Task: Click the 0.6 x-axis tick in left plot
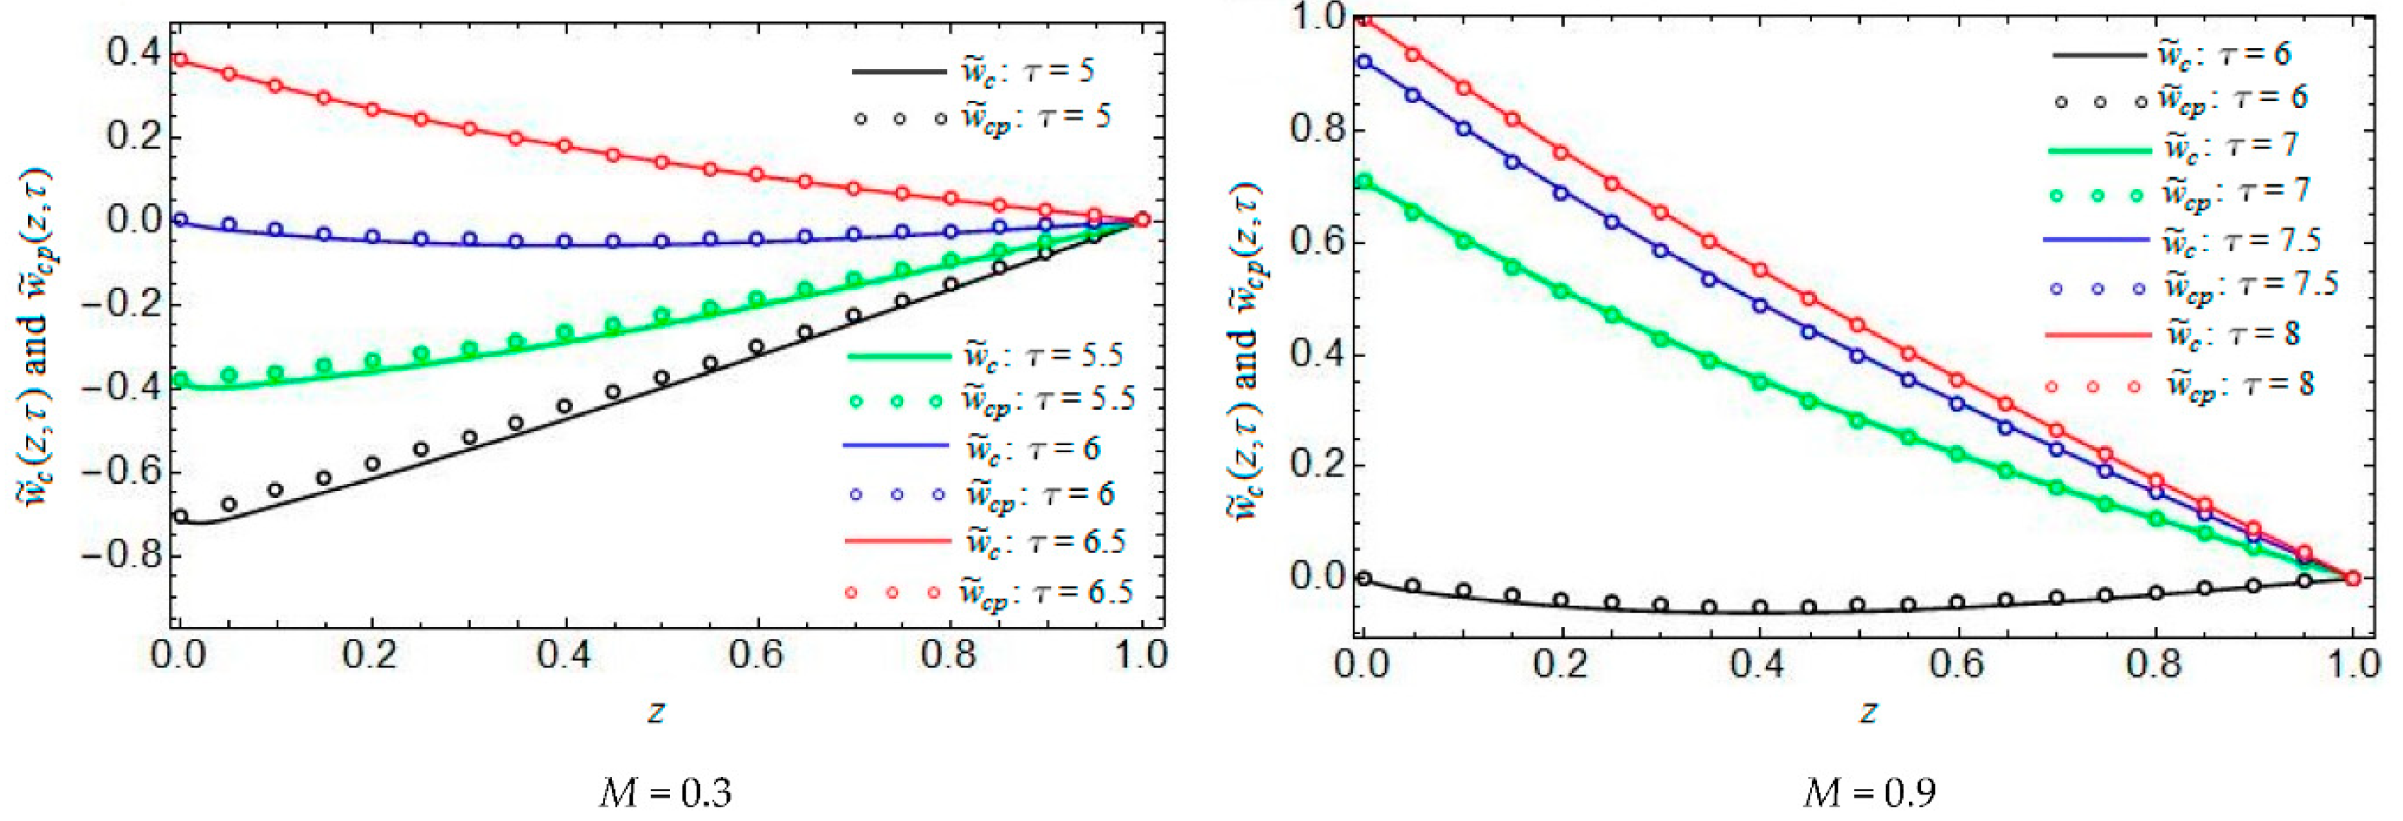click(756, 654)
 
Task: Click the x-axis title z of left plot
click(656, 711)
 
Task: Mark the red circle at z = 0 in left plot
click(181, 61)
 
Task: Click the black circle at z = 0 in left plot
click(181, 516)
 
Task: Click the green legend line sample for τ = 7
click(2099, 149)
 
